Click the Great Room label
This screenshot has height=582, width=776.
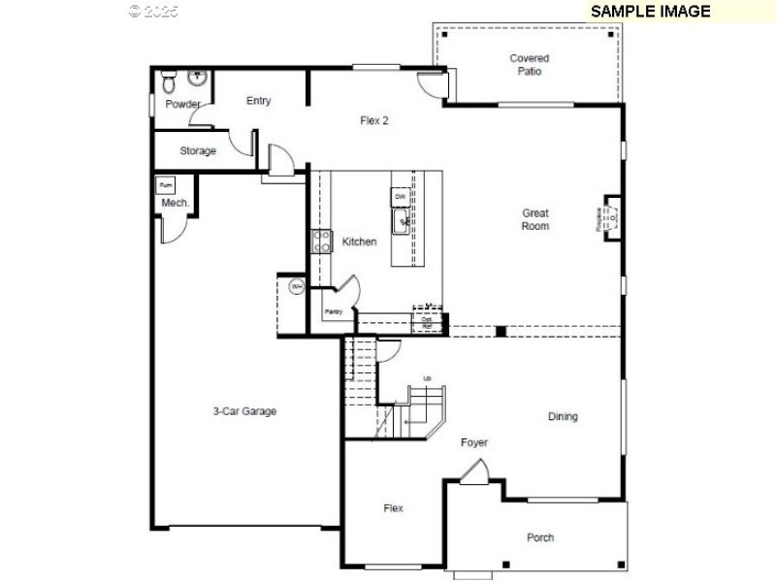coord(535,219)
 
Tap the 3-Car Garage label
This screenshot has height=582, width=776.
coord(244,411)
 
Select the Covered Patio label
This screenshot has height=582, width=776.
coord(529,65)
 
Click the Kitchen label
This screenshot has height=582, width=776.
coord(359,242)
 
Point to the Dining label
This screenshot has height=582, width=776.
coord(563,416)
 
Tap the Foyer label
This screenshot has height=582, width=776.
coord(474,442)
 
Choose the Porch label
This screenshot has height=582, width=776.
coord(540,537)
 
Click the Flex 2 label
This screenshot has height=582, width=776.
coord(374,121)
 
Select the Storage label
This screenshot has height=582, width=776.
coord(198,151)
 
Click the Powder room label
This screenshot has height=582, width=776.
coord(182,104)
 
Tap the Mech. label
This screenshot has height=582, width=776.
coord(175,203)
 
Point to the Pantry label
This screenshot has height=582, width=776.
coord(334,311)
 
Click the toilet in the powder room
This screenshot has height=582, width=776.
coord(167,78)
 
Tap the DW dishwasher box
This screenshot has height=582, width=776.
coord(400,197)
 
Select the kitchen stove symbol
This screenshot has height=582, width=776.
coord(321,242)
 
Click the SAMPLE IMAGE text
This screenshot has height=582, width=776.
coord(650,12)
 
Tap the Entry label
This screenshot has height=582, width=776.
coord(259,101)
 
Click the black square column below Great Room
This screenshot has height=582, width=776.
coord(501,332)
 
